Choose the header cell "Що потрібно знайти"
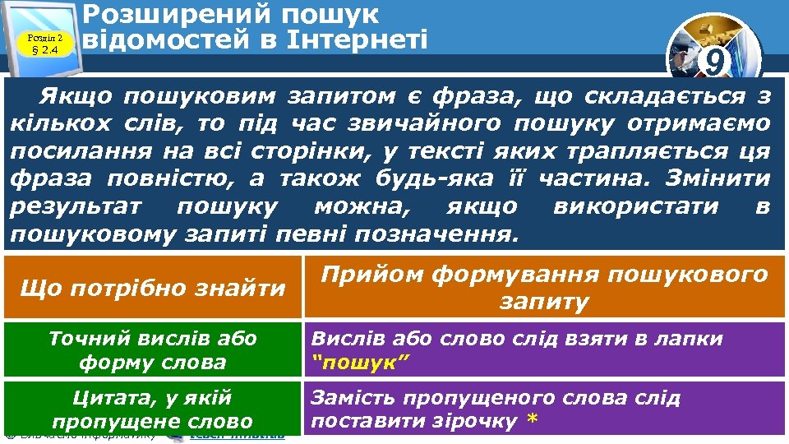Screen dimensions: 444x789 (153, 288)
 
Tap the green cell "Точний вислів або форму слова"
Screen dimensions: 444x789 (153, 349)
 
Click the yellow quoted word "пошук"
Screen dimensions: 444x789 (360, 362)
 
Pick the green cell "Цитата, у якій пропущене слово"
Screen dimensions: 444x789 (153, 409)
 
